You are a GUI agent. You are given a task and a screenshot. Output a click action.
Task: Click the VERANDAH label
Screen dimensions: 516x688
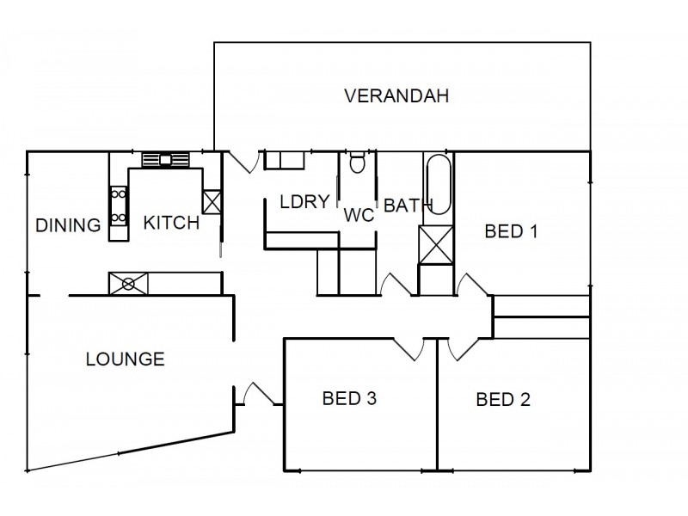point(396,95)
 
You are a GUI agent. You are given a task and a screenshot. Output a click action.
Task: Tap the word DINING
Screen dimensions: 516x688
point(68,226)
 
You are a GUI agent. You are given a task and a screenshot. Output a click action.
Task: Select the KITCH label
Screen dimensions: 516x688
point(171,224)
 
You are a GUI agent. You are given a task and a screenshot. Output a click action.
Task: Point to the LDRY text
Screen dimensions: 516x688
point(304,202)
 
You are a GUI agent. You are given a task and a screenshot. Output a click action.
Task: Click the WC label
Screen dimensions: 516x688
point(359,215)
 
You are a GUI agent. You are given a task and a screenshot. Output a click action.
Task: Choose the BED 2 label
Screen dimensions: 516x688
point(503,399)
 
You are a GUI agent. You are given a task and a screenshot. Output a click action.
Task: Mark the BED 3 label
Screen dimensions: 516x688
point(350,398)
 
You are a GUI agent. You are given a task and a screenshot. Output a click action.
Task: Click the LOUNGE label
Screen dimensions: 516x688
point(126,359)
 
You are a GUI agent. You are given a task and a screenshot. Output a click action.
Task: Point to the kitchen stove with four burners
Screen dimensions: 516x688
point(118,206)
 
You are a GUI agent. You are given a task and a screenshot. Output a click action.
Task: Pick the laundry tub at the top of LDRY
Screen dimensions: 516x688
point(284,160)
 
